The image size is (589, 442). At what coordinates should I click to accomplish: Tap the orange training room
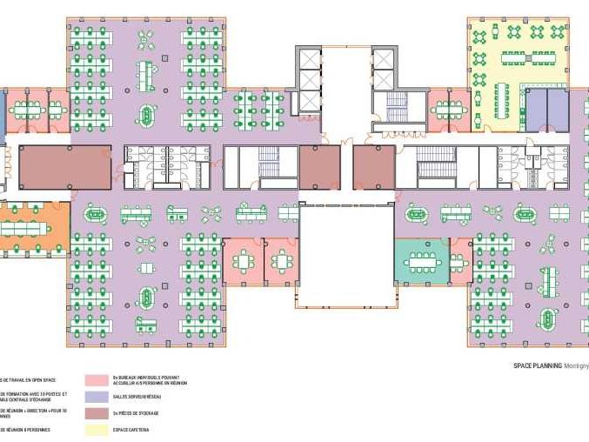click(35, 228)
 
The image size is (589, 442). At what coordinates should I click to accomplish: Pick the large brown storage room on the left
click(65, 167)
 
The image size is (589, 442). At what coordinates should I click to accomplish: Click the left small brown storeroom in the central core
click(319, 166)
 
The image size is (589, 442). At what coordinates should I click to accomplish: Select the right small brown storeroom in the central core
click(374, 166)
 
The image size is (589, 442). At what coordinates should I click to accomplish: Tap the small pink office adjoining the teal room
click(460, 262)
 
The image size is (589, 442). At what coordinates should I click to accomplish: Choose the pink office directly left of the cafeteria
click(448, 110)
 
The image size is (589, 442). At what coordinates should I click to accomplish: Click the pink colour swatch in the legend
click(97, 380)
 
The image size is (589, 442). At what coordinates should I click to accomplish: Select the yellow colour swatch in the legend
click(97, 429)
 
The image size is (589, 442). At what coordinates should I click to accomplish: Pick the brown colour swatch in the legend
click(97, 412)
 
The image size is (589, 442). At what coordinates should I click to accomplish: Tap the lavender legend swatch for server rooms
click(97, 397)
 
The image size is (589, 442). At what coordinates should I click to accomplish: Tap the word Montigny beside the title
click(576, 366)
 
